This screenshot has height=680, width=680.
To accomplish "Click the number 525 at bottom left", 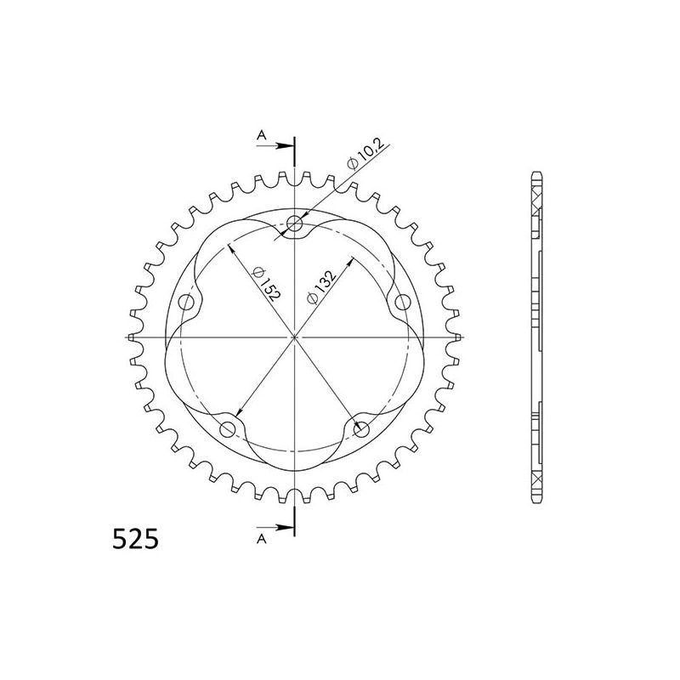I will coord(133,539).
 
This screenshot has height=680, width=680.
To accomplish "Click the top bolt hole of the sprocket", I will coord(294,224).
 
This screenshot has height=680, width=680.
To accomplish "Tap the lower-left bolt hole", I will coord(228,430).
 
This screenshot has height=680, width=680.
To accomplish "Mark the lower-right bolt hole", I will coord(360,430).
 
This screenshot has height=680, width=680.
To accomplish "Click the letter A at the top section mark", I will coord(262,134).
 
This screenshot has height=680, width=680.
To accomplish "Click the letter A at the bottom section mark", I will coord(262,537).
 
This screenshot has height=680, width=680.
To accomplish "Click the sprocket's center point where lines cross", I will coord(294,337).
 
